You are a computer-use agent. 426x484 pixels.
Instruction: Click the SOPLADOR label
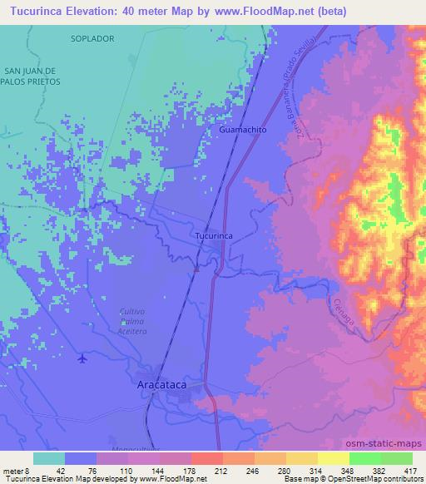tap(92, 39)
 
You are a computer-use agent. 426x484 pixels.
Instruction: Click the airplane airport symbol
tap(82, 358)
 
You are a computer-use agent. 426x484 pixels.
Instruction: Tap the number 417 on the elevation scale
tap(411, 470)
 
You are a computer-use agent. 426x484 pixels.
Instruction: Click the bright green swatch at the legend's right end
tap(397, 458)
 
